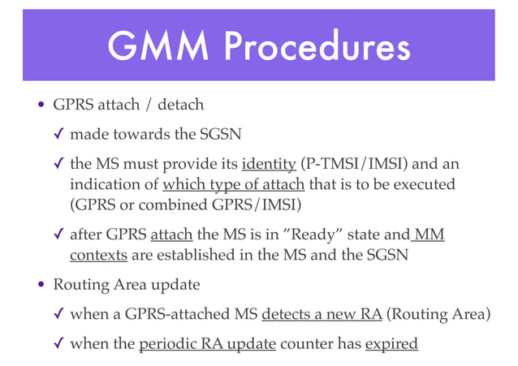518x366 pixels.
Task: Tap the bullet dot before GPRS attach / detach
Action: (41, 106)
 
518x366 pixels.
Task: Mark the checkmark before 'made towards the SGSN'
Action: (59, 134)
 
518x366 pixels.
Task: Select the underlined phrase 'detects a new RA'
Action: (322, 314)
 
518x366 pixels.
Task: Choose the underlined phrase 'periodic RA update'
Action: (209, 344)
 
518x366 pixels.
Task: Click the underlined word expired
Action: (391, 344)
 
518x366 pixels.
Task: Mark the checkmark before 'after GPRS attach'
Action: (59, 235)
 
